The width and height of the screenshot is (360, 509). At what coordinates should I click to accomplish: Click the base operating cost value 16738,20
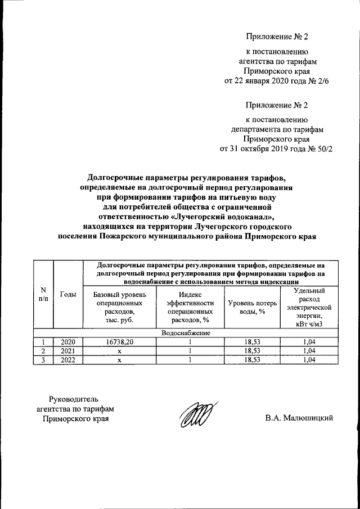tap(119, 341)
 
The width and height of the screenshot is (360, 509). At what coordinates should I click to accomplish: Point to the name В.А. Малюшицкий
tap(300, 417)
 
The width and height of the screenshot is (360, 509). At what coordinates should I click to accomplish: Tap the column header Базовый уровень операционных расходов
tap(119, 307)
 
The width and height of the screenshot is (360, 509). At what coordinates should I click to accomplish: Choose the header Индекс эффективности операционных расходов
tap(191, 307)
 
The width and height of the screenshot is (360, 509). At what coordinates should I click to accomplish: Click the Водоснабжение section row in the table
tap(185, 333)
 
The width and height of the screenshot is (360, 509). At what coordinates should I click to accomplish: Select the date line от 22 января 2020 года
tap(276, 81)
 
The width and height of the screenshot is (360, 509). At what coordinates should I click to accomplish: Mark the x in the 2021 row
tap(119, 350)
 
